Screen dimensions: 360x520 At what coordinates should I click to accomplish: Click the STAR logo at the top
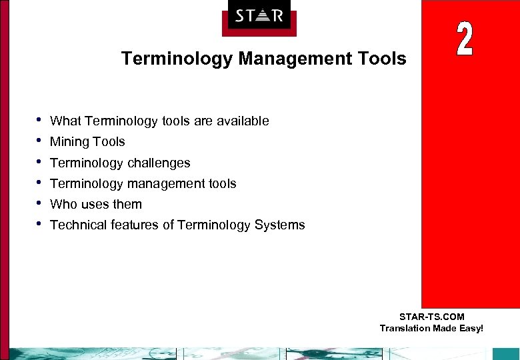point(259,15)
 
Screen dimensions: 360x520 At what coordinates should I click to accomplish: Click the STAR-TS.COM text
point(431,317)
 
